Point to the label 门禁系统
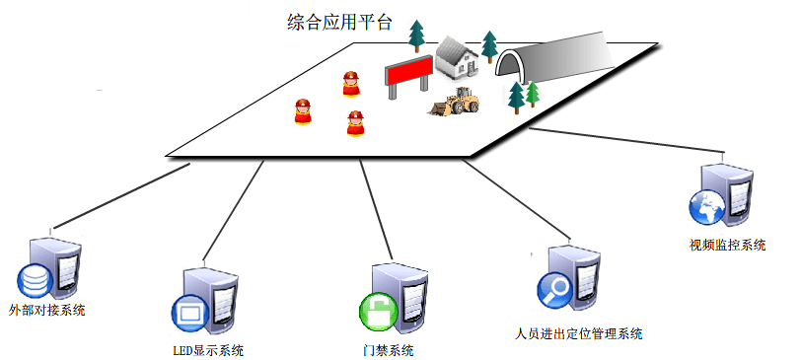pos(388,349)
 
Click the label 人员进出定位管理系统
pos(579,333)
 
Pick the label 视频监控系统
pos(727,245)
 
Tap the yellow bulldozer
pos(455,102)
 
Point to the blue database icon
pos(35,279)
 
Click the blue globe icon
pos(706,209)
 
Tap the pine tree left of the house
pos(417,37)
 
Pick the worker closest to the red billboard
pos(351,85)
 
